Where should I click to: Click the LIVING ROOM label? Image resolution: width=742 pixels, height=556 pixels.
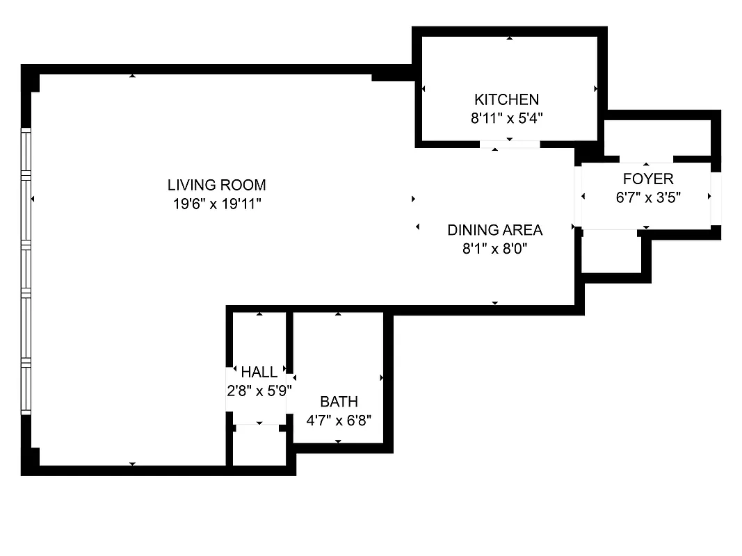click(216, 185)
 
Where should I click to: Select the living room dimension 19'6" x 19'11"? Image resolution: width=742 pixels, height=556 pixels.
click(216, 204)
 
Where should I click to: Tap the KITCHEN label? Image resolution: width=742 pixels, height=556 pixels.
click(506, 99)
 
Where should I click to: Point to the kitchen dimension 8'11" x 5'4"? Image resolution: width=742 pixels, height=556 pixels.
click(506, 118)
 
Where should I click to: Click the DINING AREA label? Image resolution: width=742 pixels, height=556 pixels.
click(494, 230)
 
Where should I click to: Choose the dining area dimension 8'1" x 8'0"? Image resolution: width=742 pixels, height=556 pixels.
click(494, 249)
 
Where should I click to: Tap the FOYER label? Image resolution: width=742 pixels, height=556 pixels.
click(648, 179)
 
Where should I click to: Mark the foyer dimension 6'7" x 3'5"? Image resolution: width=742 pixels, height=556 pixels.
click(648, 197)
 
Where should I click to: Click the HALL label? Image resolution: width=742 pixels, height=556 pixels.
click(259, 372)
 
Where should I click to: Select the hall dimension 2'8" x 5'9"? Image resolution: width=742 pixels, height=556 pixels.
click(258, 391)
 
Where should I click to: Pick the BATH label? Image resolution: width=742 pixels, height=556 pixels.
click(339, 402)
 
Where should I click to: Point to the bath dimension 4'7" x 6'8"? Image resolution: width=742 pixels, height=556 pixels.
click(339, 420)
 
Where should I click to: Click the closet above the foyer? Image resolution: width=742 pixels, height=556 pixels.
click(656, 138)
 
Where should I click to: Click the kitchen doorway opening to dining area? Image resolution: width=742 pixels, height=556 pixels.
click(510, 145)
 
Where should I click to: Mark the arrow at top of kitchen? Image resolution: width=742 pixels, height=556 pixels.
click(510, 38)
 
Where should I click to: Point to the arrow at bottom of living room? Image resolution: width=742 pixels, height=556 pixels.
click(132, 464)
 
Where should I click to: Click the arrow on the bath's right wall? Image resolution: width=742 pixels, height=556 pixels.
click(382, 377)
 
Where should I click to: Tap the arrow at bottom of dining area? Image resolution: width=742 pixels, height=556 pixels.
click(494, 303)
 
